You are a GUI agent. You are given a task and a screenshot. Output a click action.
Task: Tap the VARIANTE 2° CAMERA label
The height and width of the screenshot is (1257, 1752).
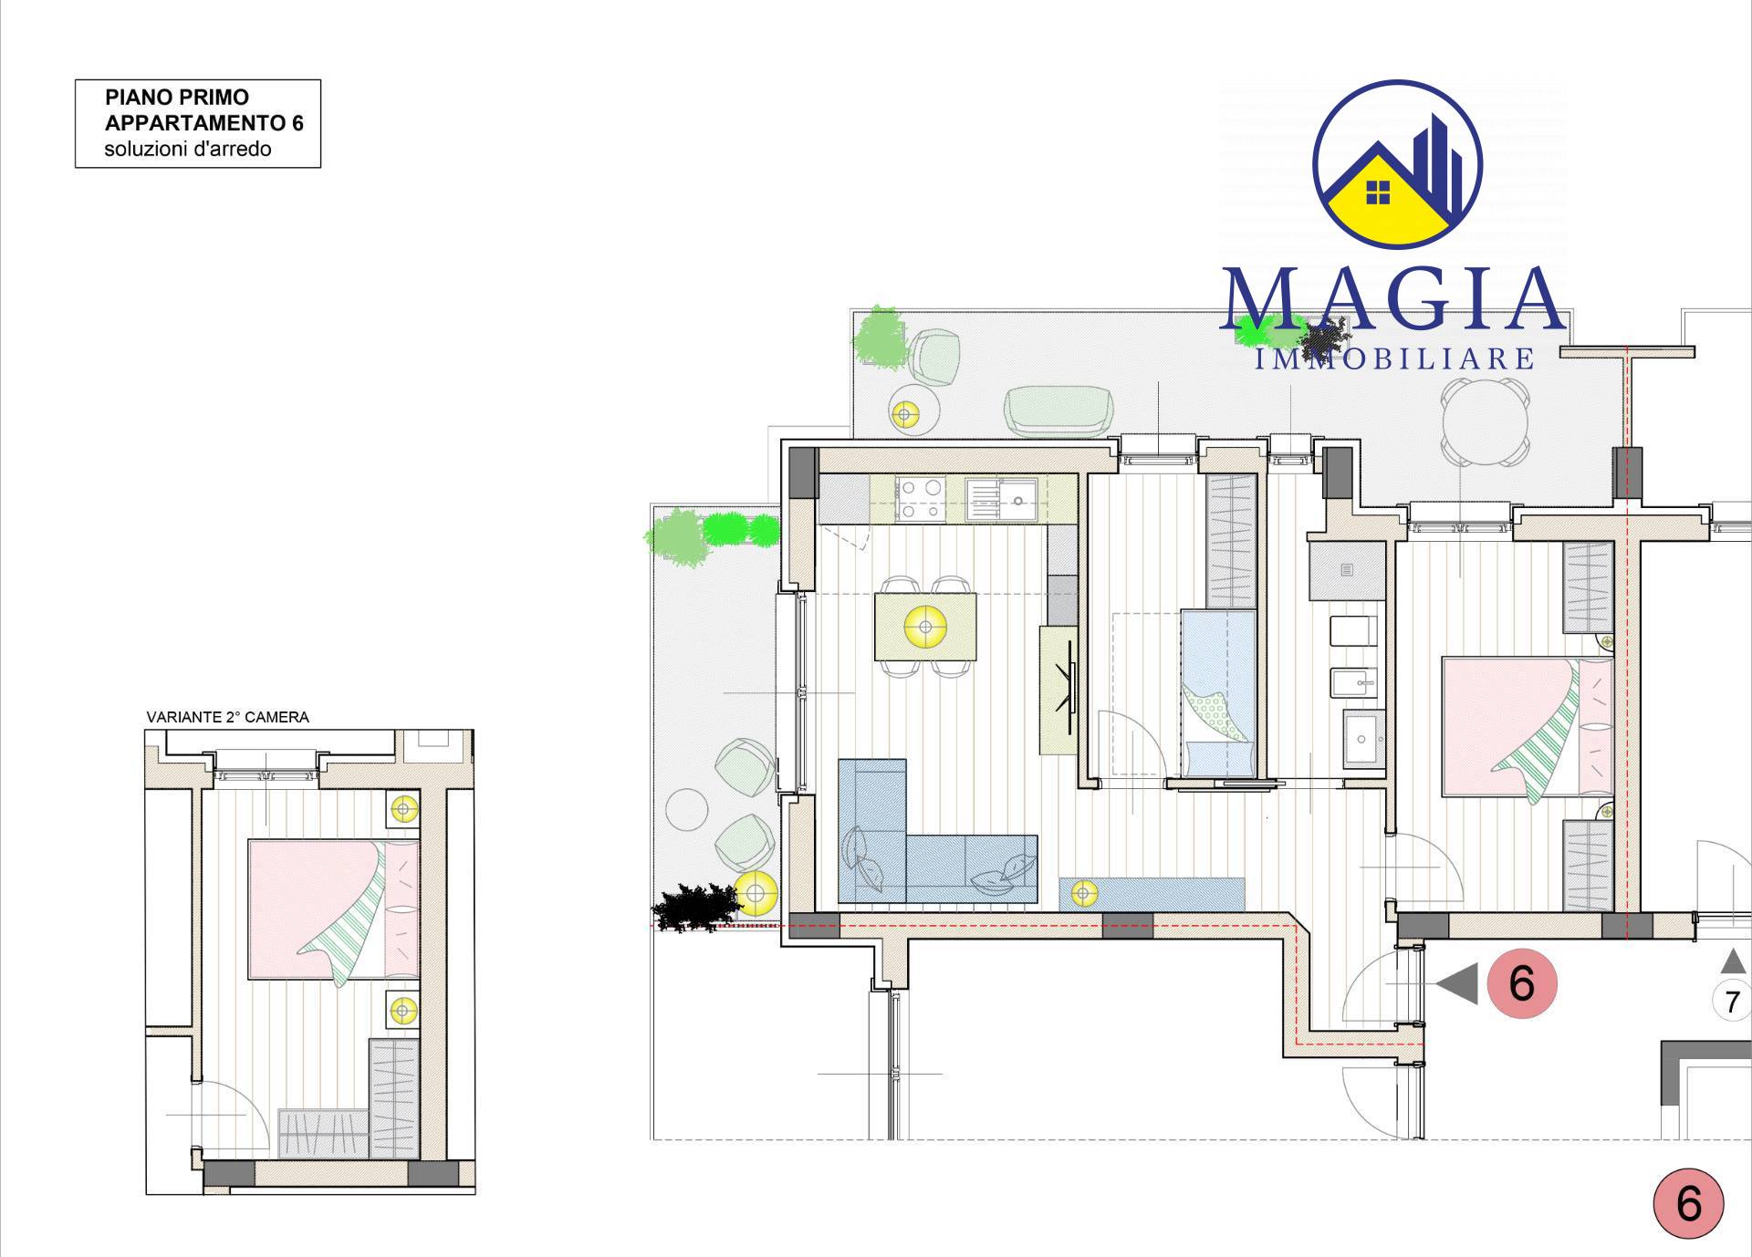pyautogui.click(x=228, y=717)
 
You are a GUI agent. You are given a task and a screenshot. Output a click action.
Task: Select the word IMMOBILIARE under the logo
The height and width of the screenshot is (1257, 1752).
pyautogui.click(x=1395, y=358)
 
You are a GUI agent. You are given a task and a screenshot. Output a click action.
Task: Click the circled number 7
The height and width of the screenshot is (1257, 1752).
pyautogui.click(x=1732, y=1002)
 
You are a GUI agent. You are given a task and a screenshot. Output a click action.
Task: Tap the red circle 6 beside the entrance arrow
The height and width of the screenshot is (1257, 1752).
pyautogui.click(x=1522, y=983)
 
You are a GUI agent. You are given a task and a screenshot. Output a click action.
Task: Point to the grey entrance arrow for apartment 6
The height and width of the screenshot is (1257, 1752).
pyautogui.click(x=1457, y=984)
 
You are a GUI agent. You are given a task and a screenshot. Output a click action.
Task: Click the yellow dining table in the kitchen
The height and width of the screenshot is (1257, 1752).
pyautogui.click(x=925, y=627)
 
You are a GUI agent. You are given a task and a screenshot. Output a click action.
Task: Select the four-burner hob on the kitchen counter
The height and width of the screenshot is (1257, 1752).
pyautogui.click(x=921, y=499)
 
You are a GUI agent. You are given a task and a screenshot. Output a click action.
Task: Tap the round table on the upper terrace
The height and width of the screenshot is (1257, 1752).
pyautogui.click(x=1485, y=423)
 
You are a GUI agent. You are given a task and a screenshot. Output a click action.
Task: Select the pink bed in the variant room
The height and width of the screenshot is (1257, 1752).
pyautogui.click(x=334, y=909)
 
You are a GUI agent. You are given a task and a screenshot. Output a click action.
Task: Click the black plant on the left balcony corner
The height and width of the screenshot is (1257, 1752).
pyautogui.click(x=695, y=906)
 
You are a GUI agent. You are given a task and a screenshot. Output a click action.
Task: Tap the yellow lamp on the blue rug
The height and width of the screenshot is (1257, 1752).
pyautogui.click(x=1084, y=893)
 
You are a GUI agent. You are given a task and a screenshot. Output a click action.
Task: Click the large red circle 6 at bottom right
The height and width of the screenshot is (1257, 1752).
pyautogui.click(x=1689, y=1203)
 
